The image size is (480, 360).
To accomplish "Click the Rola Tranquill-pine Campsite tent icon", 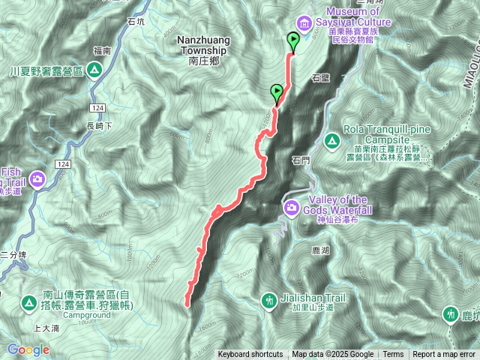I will [x=331, y=139].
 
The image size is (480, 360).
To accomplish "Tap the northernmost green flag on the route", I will [x=292, y=42].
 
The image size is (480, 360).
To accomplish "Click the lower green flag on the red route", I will [x=277, y=94].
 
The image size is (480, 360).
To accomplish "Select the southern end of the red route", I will [x=186, y=304].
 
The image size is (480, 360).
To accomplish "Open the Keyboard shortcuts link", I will [x=250, y=355].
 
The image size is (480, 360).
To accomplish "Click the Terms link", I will [x=393, y=355].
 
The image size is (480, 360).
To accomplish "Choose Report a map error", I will [x=445, y=355].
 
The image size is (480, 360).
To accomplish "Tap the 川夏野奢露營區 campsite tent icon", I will [x=94, y=71].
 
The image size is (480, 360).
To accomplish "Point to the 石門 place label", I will [x=299, y=160].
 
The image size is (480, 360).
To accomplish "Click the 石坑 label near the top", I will [x=136, y=22].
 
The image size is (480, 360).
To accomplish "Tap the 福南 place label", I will [x=102, y=51].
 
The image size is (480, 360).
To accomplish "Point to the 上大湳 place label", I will [x=47, y=328].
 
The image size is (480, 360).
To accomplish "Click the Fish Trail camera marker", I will [x=37, y=178].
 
